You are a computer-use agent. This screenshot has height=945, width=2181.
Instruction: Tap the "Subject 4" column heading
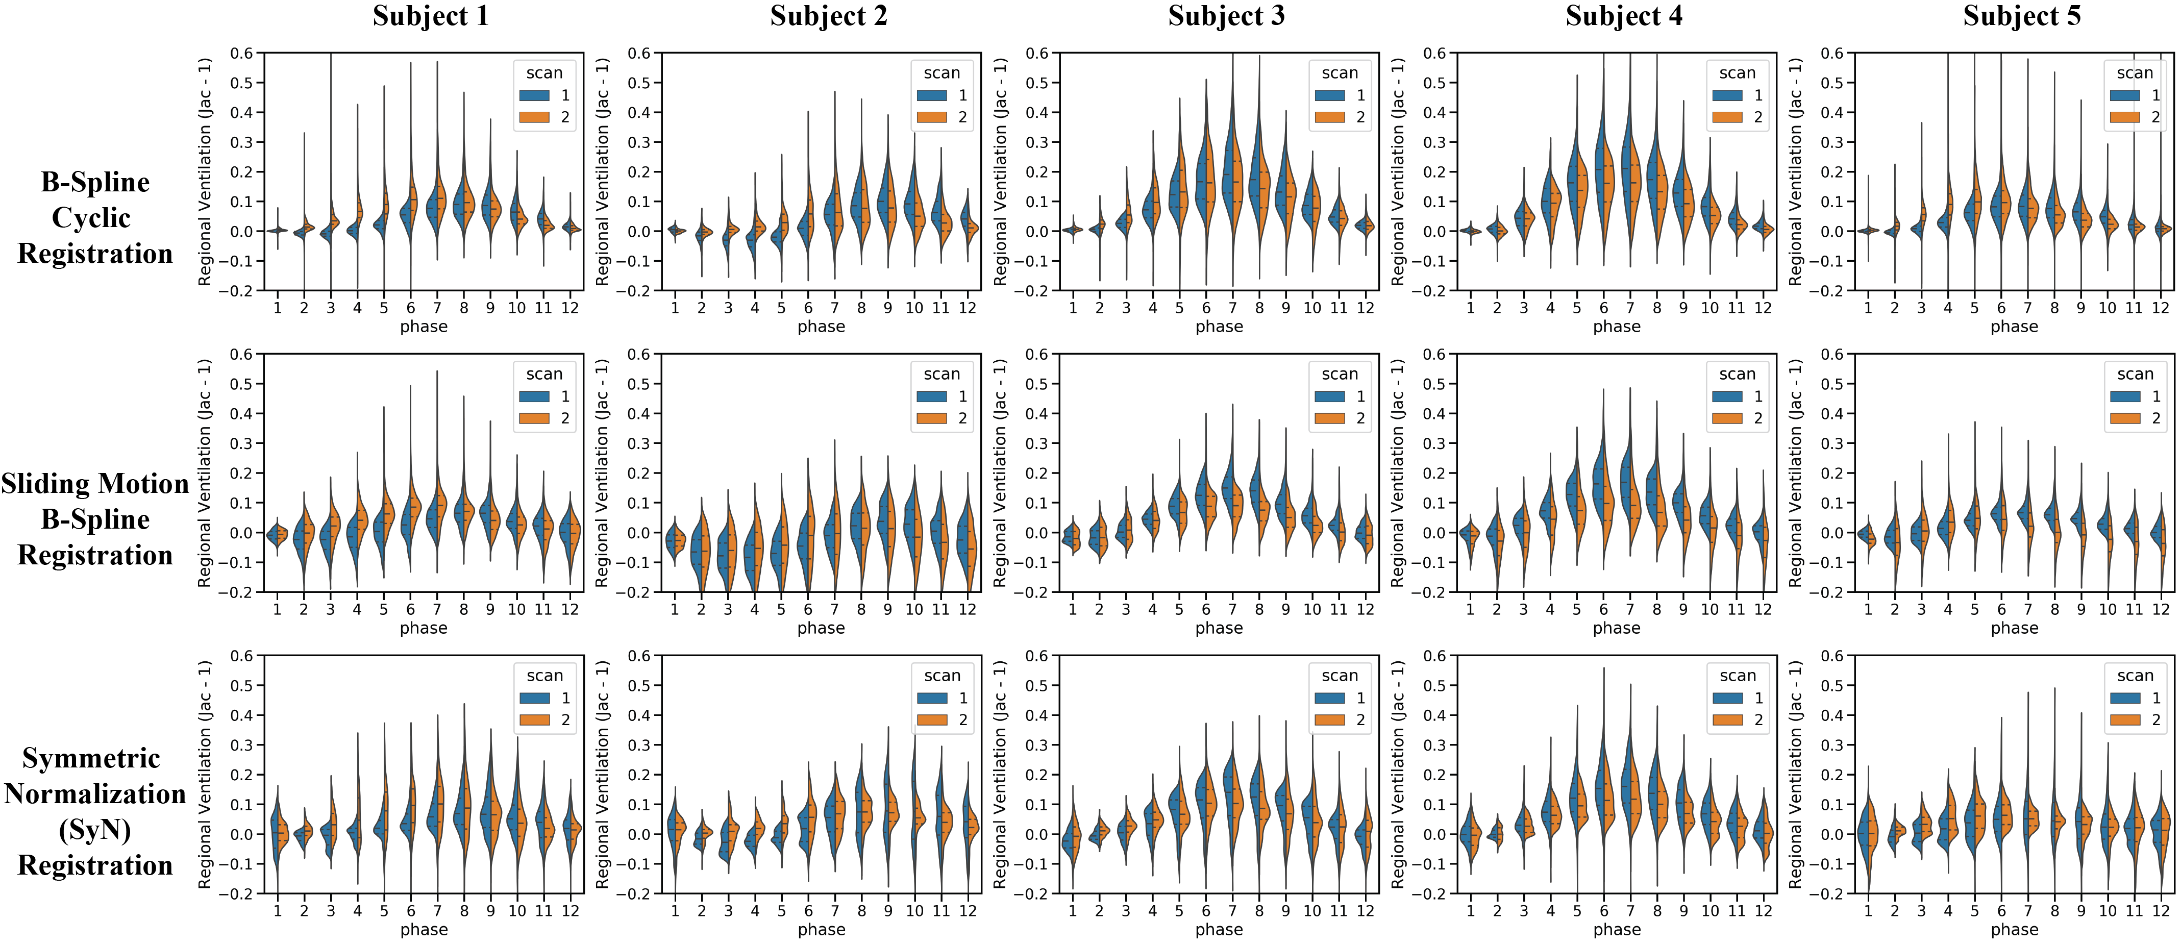tap(1624, 16)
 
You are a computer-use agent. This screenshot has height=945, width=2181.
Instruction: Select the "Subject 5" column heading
tap(2022, 16)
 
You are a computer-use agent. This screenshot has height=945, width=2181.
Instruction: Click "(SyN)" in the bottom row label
tap(95, 830)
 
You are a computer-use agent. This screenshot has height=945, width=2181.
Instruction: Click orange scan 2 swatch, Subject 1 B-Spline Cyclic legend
tap(534, 117)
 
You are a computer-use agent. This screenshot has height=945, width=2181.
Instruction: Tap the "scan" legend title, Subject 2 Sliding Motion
tap(941, 374)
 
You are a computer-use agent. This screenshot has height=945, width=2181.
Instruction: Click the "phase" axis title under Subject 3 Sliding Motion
tap(1219, 628)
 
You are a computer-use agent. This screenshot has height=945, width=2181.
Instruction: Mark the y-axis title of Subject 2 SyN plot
tap(602, 774)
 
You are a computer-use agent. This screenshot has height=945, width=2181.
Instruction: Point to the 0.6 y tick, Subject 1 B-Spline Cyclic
tap(241, 54)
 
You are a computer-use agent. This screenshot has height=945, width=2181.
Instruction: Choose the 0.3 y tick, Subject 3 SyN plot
tap(1036, 745)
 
